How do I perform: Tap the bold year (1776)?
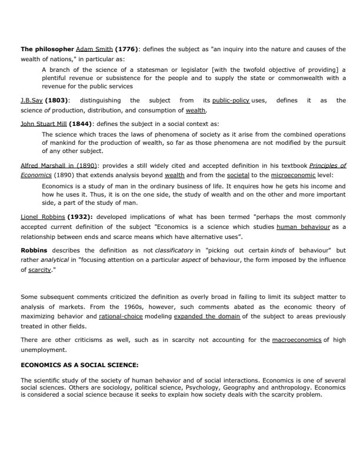tap(126, 49)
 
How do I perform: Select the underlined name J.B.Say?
tap(31, 101)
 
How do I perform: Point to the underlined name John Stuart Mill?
tap(44, 124)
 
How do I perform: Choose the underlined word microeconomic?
tap(295, 175)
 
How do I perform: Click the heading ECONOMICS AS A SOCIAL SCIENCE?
tap(79, 365)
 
